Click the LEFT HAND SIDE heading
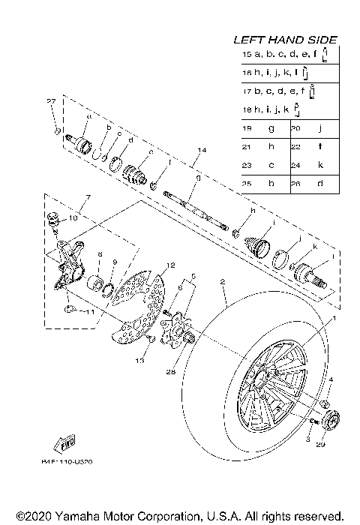(284, 39)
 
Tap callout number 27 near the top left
(51, 101)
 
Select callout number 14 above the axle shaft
(200, 151)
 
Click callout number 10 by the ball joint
(73, 218)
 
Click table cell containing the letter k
(320, 164)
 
